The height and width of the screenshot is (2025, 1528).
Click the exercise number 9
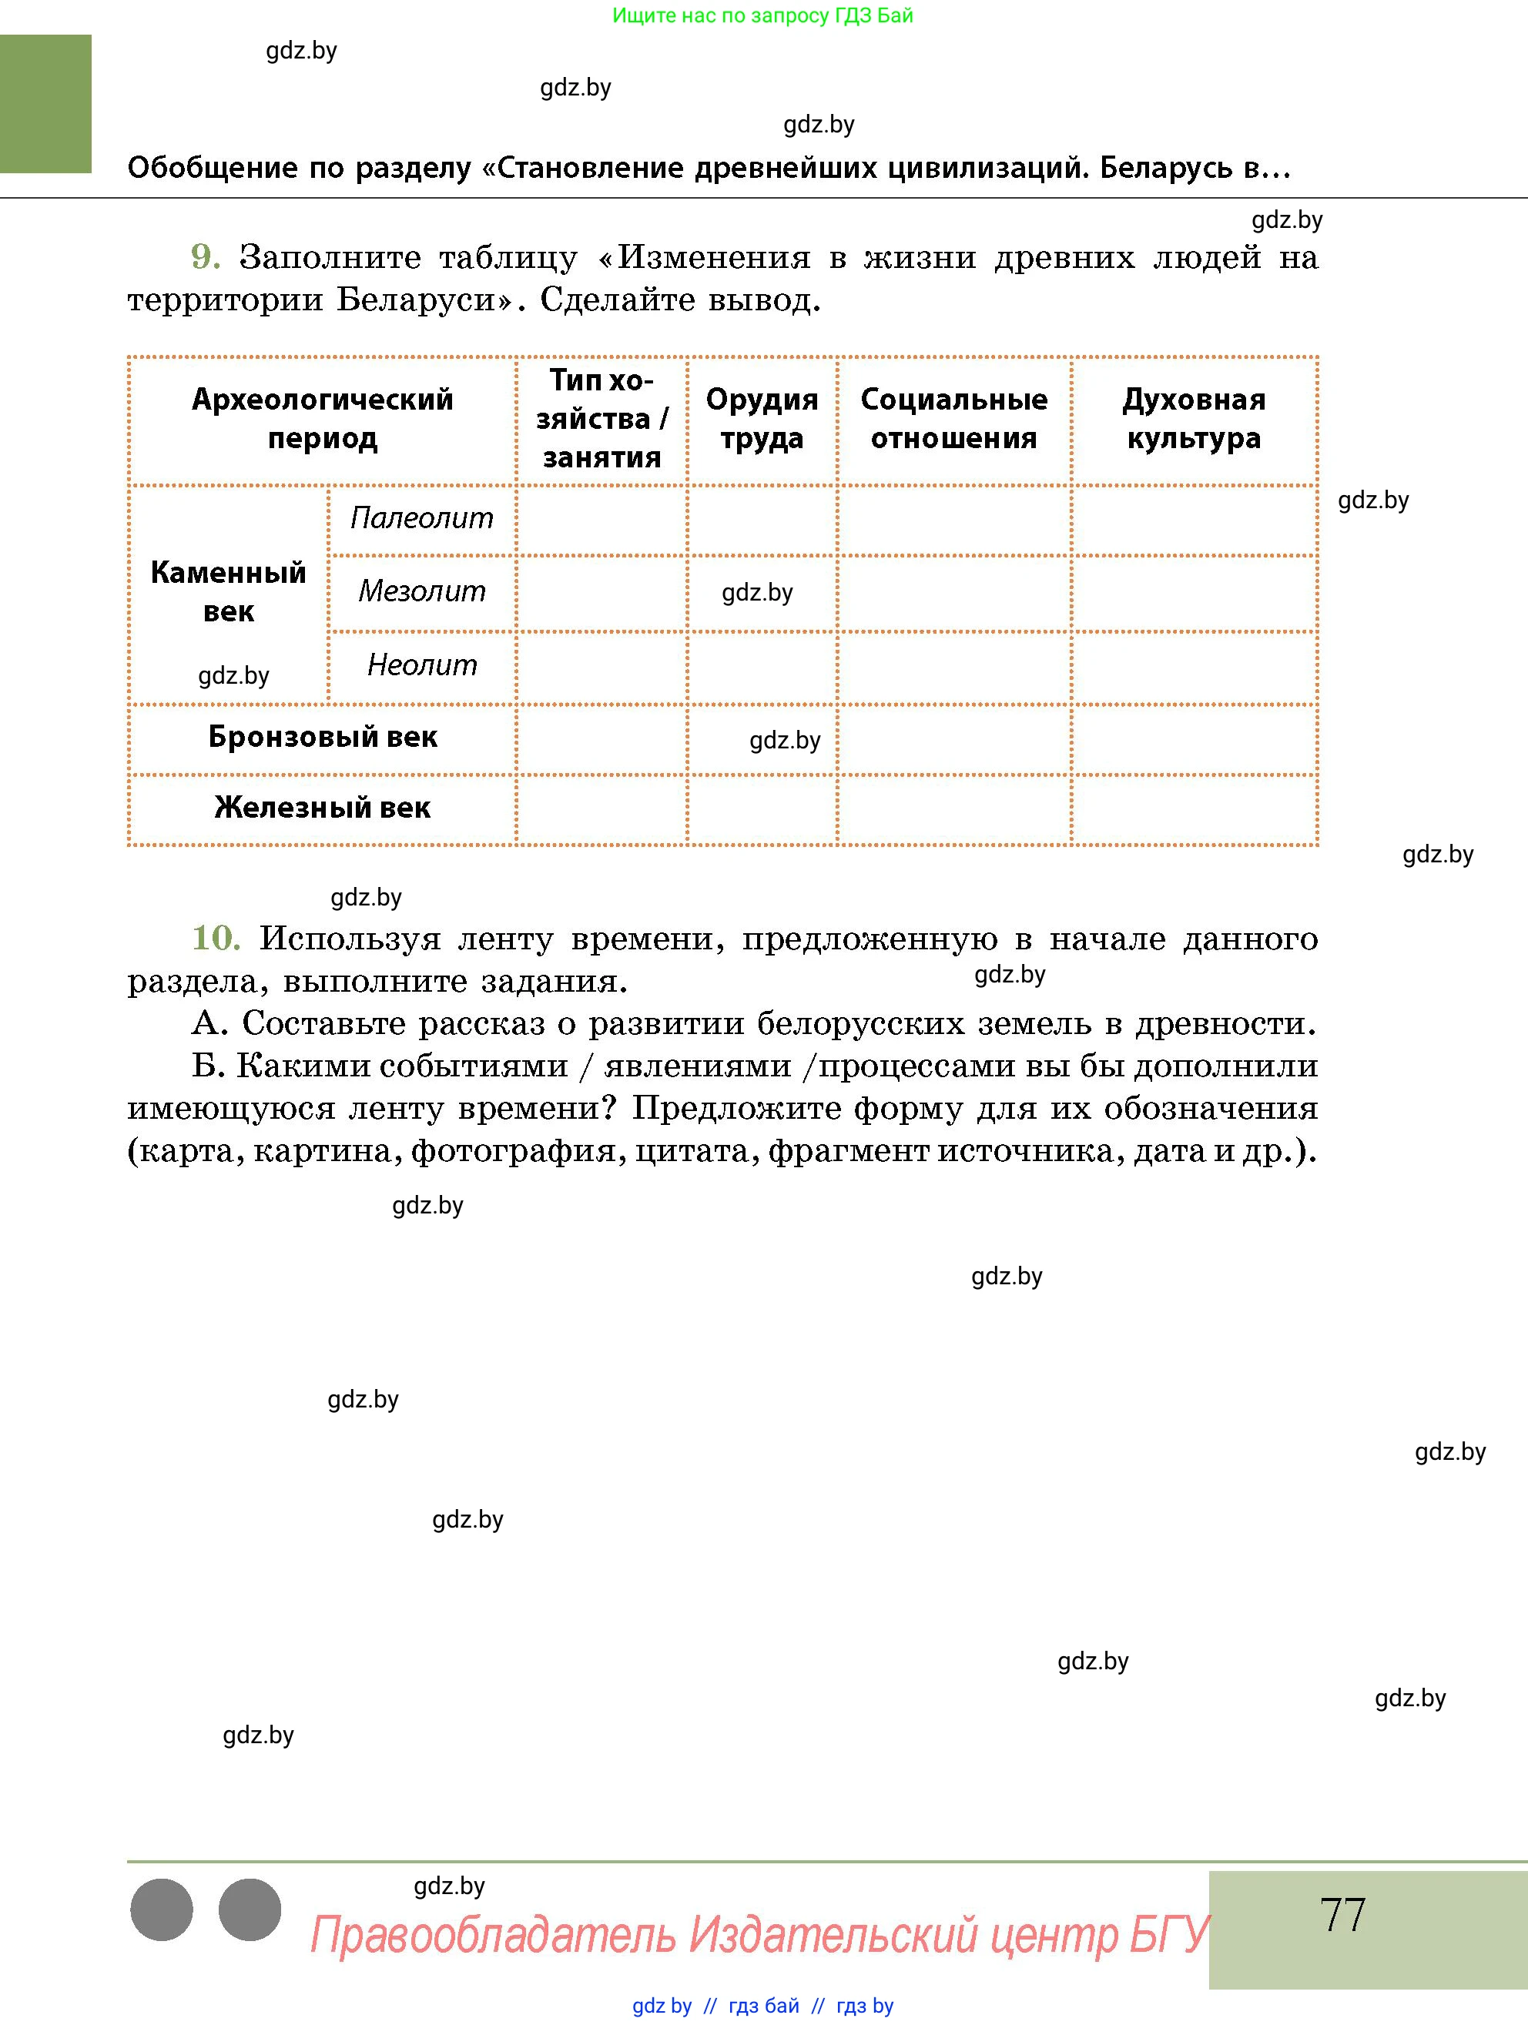tap(205, 257)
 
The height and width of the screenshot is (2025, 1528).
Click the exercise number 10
tap(215, 938)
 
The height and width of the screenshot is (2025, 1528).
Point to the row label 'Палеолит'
tap(421, 518)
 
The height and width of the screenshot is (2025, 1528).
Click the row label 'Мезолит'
tap(421, 591)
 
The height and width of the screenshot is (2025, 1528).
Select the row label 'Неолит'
tap(421, 664)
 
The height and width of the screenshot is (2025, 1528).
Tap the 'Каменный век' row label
tap(228, 591)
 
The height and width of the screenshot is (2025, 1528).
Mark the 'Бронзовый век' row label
tap(322, 737)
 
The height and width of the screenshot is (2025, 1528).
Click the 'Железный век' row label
tap(322, 808)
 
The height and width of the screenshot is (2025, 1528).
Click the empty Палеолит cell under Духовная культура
tap(1194, 520)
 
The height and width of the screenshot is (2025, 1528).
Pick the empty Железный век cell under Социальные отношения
tap(954, 809)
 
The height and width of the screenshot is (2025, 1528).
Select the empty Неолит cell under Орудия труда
tap(762, 668)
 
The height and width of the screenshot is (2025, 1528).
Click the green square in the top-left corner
tap(45, 103)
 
